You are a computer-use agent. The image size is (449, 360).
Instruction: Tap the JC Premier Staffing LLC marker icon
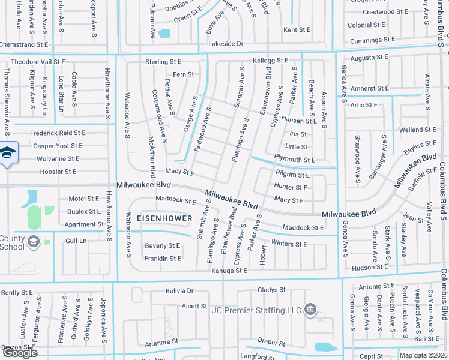point(310,310)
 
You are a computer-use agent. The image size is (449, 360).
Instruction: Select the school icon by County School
point(35,241)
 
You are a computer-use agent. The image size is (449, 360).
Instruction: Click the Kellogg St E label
point(270,61)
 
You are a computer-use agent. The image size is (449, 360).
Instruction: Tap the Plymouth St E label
point(294,160)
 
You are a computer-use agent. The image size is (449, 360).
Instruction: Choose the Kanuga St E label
point(229,271)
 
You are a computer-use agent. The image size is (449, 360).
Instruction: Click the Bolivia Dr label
point(179,291)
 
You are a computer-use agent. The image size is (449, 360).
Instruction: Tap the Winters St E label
point(289,244)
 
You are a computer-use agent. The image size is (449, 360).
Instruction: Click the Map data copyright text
point(423,355)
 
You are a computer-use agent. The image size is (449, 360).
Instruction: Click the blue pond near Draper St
point(326,346)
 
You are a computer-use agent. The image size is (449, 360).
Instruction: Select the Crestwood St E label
point(387,12)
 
